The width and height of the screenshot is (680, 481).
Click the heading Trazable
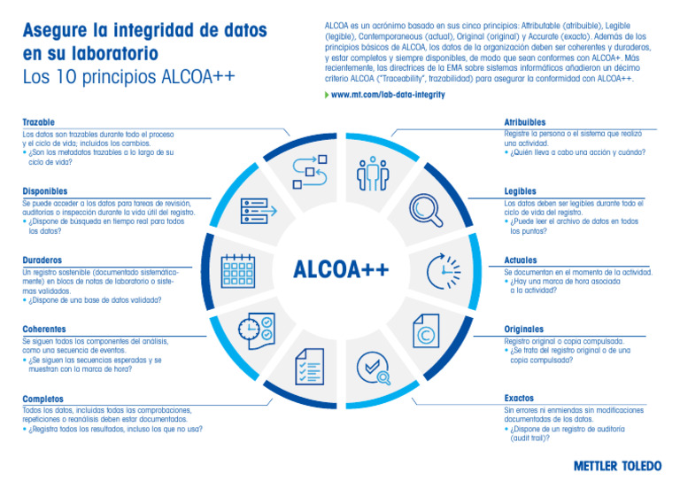38,122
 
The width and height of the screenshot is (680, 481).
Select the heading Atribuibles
524,122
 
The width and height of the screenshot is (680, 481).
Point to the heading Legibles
520,190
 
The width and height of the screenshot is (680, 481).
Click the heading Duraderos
42,260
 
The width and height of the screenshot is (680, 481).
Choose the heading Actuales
521,260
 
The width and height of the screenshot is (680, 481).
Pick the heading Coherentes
44,329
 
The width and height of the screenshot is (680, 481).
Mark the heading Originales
523,329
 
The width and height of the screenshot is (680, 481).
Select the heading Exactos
519,399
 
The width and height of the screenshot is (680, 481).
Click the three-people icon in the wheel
372,174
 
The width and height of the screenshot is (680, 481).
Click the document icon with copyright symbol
426,335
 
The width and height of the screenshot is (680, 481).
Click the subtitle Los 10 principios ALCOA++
128,77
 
